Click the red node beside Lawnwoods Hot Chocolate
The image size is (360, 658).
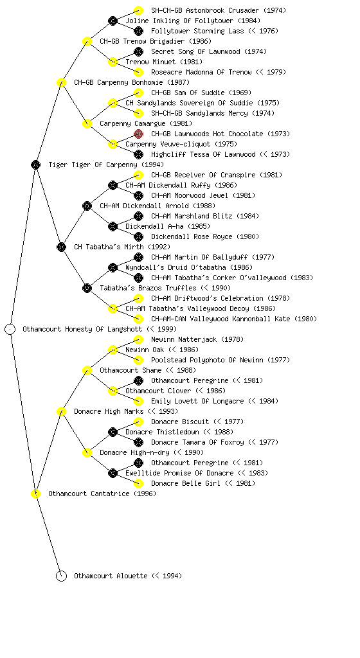pos(138,134)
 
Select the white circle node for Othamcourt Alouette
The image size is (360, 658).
pos(61,576)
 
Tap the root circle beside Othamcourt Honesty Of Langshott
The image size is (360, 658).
pos(10,329)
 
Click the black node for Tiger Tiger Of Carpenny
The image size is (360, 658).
pos(35,164)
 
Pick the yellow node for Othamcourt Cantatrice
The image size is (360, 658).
pos(35,493)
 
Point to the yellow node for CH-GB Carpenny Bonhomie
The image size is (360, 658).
pos(61,82)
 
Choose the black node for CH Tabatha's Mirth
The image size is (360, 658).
pos(61,247)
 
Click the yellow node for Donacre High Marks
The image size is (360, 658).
pos(61,411)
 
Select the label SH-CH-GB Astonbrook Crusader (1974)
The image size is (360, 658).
pos(219,10)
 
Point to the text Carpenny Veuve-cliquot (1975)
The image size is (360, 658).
pos(181,144)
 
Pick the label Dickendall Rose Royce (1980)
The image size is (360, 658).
pos(205,236)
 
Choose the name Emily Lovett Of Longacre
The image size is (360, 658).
pos(197,401)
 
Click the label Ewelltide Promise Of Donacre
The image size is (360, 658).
pos(179,473)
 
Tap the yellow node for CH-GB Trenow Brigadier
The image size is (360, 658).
pos(87,41)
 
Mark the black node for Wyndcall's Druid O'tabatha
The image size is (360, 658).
pos(113,267)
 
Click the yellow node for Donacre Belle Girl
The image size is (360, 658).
pos(138,483)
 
